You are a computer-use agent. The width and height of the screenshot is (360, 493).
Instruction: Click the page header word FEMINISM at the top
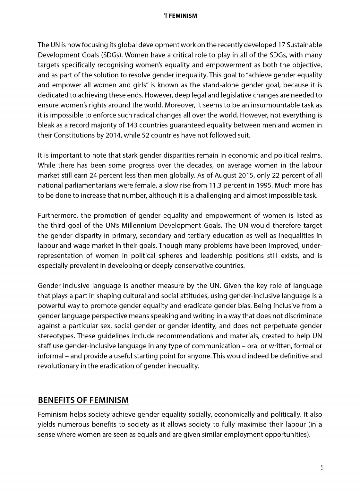click(183, 16)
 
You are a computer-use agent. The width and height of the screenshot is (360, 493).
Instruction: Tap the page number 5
click(322, 467)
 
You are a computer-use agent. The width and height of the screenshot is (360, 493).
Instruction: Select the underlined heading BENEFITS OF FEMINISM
click(83, 400)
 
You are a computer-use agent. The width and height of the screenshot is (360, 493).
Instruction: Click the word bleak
click(46, 125)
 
